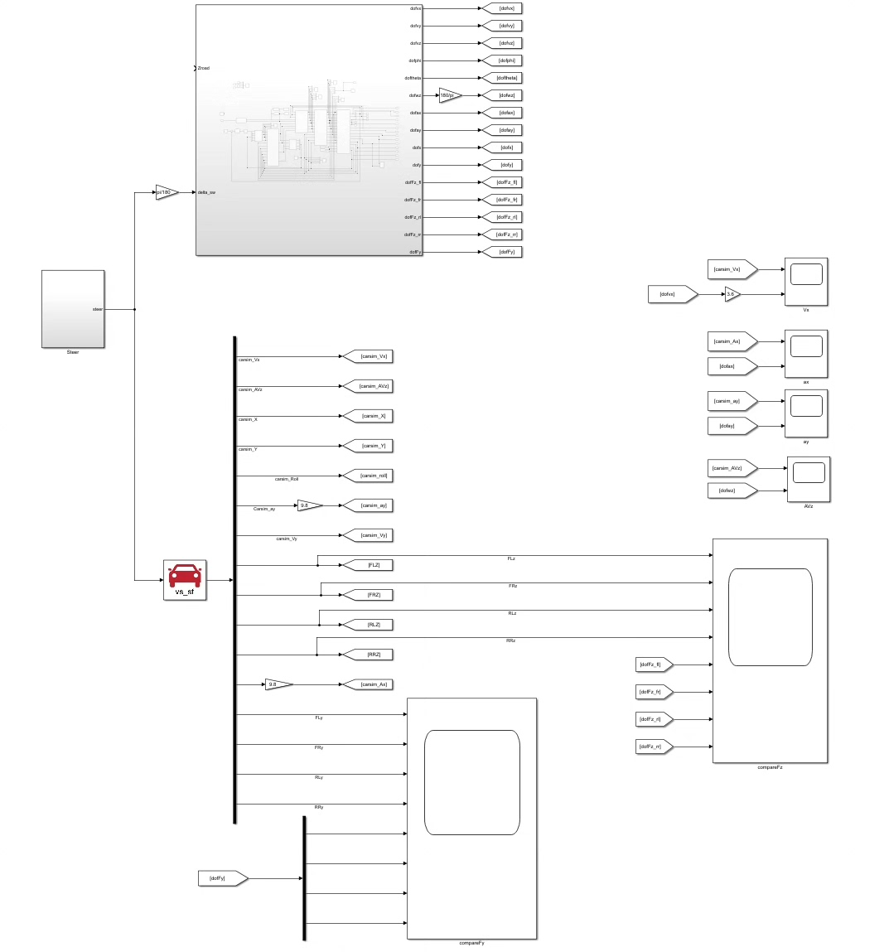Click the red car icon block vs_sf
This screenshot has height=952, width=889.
click(185, 579)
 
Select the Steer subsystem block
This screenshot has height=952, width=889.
click(73, 308)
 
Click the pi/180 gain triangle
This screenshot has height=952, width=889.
click(166, 192)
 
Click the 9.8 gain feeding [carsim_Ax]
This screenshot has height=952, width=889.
click(278, 684)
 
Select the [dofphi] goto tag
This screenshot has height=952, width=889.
click(502, 60)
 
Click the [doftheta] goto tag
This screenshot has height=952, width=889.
click(502, 78)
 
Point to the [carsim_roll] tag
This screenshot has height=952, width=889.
click(366, 476)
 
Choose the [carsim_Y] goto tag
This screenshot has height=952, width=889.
click(366, 446)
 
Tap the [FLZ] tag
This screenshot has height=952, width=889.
click(367, 565)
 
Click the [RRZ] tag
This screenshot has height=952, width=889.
click(367, 655)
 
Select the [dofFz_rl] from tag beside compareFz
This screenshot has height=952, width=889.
click(654, 719)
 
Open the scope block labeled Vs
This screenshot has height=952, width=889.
click(806, 281)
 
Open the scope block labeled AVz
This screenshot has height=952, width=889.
click(809, 479)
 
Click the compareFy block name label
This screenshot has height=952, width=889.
click(471, 943)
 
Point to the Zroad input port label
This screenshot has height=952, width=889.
click(204, 68)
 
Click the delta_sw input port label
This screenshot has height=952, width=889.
click(207, 192)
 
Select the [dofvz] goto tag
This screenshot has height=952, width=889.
click(502, 43)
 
